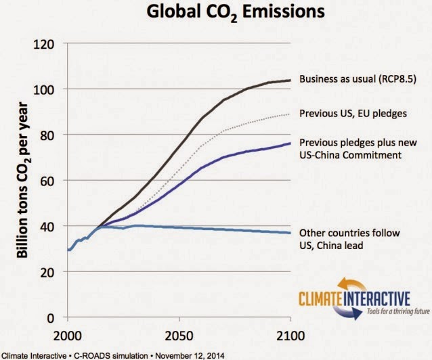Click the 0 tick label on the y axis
(x=55, y=317)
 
